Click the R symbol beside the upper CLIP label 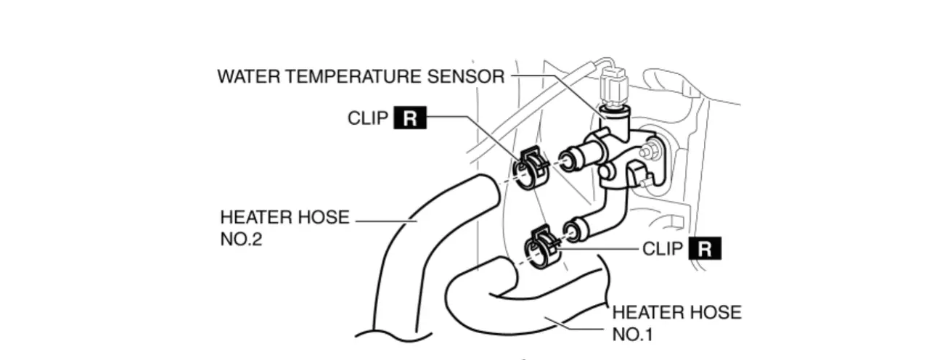[x=410, y=118]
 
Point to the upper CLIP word [x=368, y=118]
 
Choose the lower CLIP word [x=663, y=249]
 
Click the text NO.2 [x=241, y=239]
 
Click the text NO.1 [x=633, y=335]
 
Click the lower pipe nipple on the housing [x=578, y=230]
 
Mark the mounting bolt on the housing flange [x=650, y=150]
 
